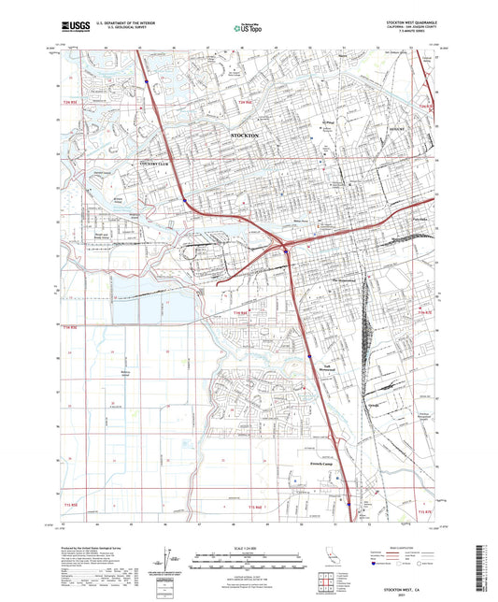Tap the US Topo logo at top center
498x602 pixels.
pyautogui.click(x=248, y=29)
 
